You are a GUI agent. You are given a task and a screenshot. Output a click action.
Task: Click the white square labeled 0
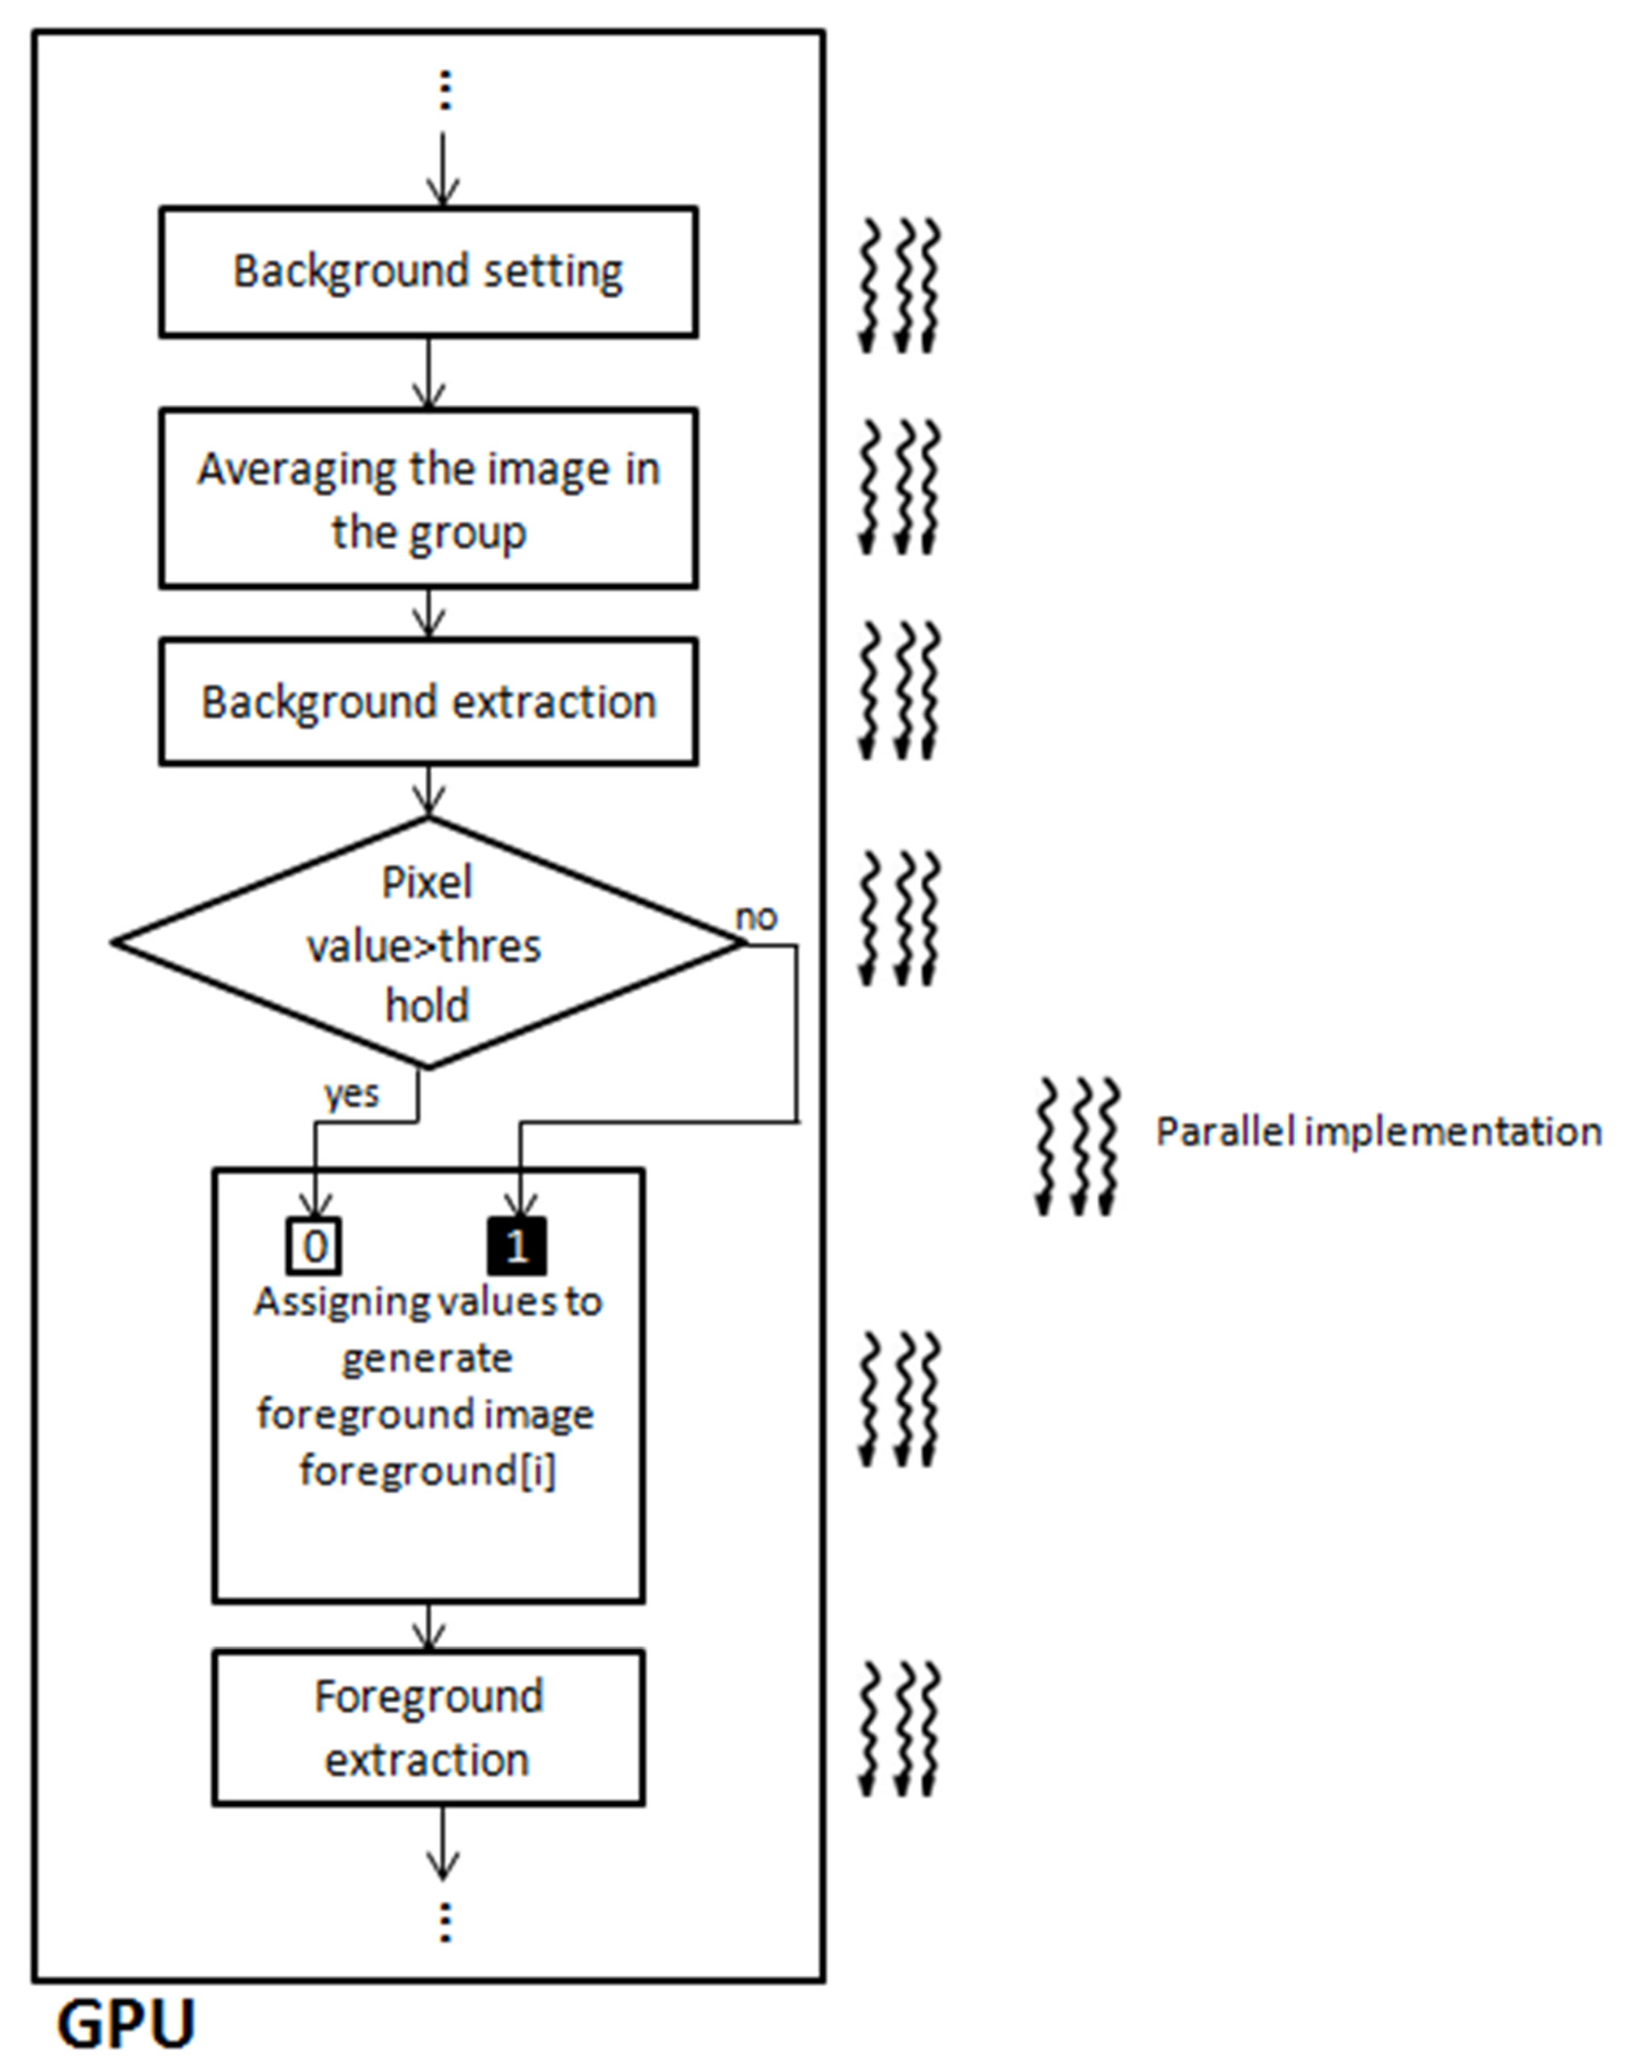pyautogui.click(x=314, y=1246)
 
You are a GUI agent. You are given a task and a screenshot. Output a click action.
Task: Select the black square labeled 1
pyautogui.click(x=517, y=1246)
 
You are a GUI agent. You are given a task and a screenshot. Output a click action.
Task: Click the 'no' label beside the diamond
pyautogui.click(x=757, y=917)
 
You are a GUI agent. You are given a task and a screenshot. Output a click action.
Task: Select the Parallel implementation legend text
pyautogui.click(x=1378, y=1132)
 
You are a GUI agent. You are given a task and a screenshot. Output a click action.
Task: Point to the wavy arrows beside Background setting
pyautogui.click(x=900, y=286)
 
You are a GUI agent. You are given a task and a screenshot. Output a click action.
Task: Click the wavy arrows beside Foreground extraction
pyautogui.click(x=900, y=1731)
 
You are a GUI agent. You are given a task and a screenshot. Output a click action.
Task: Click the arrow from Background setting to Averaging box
pyautogui.click(x=429, y=374)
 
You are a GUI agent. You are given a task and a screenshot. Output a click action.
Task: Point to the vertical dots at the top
pyautogui.click(x=444, y=90)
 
